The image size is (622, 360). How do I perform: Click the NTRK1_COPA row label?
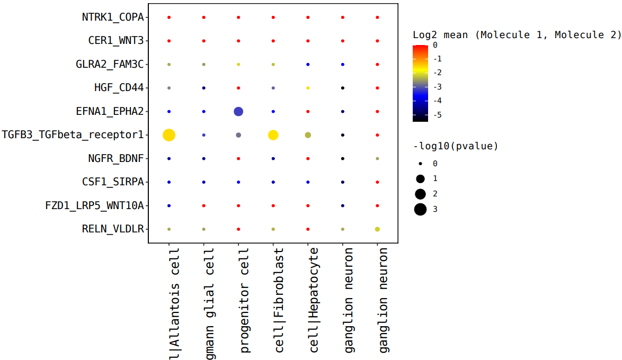click(x=112, y=17)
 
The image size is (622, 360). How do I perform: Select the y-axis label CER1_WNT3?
click(x=115, y=41)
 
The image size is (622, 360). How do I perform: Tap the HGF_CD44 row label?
click(x=119, y=88)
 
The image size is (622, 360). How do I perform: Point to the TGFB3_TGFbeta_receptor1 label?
click(x=73, y=135)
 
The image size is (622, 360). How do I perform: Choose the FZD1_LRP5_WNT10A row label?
click(x=94, y=205)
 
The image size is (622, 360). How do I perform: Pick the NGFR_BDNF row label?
click(x=115, y=158)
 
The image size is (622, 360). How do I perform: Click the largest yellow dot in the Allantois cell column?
click(x=169, y=135)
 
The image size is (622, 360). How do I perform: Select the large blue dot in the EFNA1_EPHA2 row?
click(x=238, y=112)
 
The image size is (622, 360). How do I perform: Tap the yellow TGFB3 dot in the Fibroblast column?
click(x=273, y=135)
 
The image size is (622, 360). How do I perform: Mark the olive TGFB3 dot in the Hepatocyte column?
click(x=308, y=135)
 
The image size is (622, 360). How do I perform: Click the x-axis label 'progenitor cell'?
click(x=245, y=300)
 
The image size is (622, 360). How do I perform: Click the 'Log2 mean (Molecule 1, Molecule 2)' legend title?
click(x=517, y=35)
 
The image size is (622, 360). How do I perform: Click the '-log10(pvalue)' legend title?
click(x=456, y=146)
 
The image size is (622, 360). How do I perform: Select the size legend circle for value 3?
click(x=421, y=210)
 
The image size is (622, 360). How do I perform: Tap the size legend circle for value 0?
click(x=421, y=164)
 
